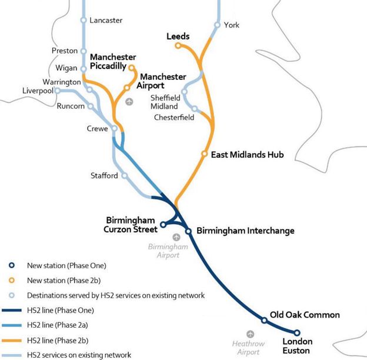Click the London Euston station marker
tap(297, 332)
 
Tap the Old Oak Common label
tap(305, 315)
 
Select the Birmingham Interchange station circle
tap(189, 231)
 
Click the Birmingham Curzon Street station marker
tap(163, 225)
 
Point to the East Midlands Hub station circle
tap(205, 154)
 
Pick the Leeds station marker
tap(178, 45)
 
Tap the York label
tap(231, 25)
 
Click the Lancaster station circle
tap(84, 21)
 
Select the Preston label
tap(65, 51)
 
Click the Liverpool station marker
tap(57, 91)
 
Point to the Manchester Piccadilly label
tap(113, 62)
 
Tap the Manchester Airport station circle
tap(126, 88)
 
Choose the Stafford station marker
tap(124, 175)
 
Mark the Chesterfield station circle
tap(195, 108)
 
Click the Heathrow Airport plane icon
tap(251, 334)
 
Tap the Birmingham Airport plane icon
tap(176, 236)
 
